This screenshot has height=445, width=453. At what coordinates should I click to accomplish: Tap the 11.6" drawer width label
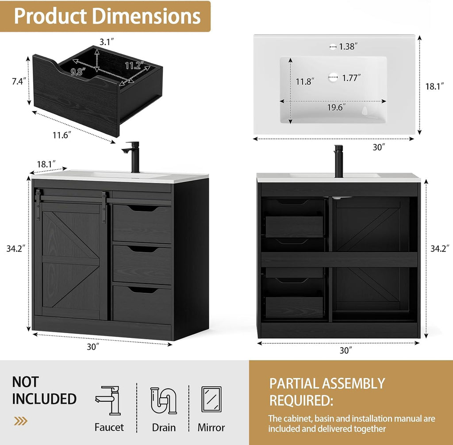(x=62, y=135)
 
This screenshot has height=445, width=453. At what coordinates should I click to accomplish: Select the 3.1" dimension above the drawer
(x=107, y=42)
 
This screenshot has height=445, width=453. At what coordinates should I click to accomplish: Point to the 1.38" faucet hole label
(x=348, y=46)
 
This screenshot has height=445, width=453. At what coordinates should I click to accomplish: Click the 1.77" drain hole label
(x=351, y=78)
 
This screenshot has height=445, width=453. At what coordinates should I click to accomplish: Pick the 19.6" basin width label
(x=337, y=107)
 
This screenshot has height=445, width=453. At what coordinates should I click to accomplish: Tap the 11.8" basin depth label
(x=305, y=81)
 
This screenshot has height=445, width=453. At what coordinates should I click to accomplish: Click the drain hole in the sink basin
(x=333, y=77)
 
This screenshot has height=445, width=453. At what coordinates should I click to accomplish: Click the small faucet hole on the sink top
(x=333, y=46)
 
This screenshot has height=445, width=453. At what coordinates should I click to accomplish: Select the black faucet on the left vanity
(x=132, y=156)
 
